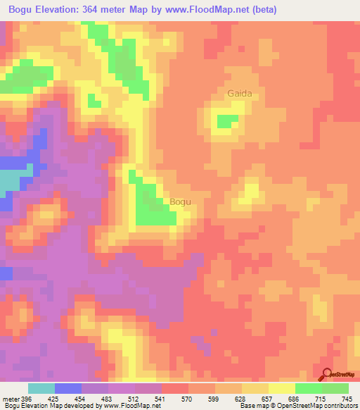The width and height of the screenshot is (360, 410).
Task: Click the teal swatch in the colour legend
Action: point(41,389)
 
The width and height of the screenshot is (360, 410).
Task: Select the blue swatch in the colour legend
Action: point(68,389)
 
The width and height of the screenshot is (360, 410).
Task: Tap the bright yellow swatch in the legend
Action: point(281,389)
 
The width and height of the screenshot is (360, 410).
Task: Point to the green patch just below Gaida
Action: point(226,121)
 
